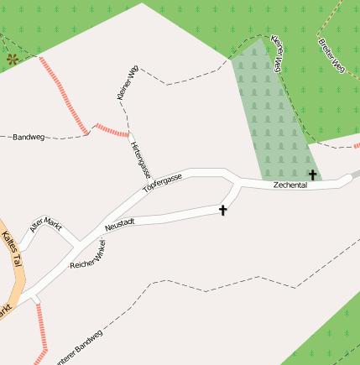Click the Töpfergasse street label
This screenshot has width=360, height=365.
[x=162, y=183]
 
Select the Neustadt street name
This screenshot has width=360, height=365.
[x=120, y=224]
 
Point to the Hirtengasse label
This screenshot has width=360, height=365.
[x=140, y=159]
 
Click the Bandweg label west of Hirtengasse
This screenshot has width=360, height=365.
[x=28, y=137]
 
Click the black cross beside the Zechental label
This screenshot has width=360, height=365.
[x=313, y=175]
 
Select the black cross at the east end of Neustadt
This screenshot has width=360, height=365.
[x=223, y=210]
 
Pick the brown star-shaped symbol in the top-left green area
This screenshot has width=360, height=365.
[x=13, y=59]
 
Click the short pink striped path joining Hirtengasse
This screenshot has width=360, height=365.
[x=112, y=129]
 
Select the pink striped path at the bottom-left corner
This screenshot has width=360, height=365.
[x=39, y=331]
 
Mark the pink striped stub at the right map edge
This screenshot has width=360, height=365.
[x=357, y=144]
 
